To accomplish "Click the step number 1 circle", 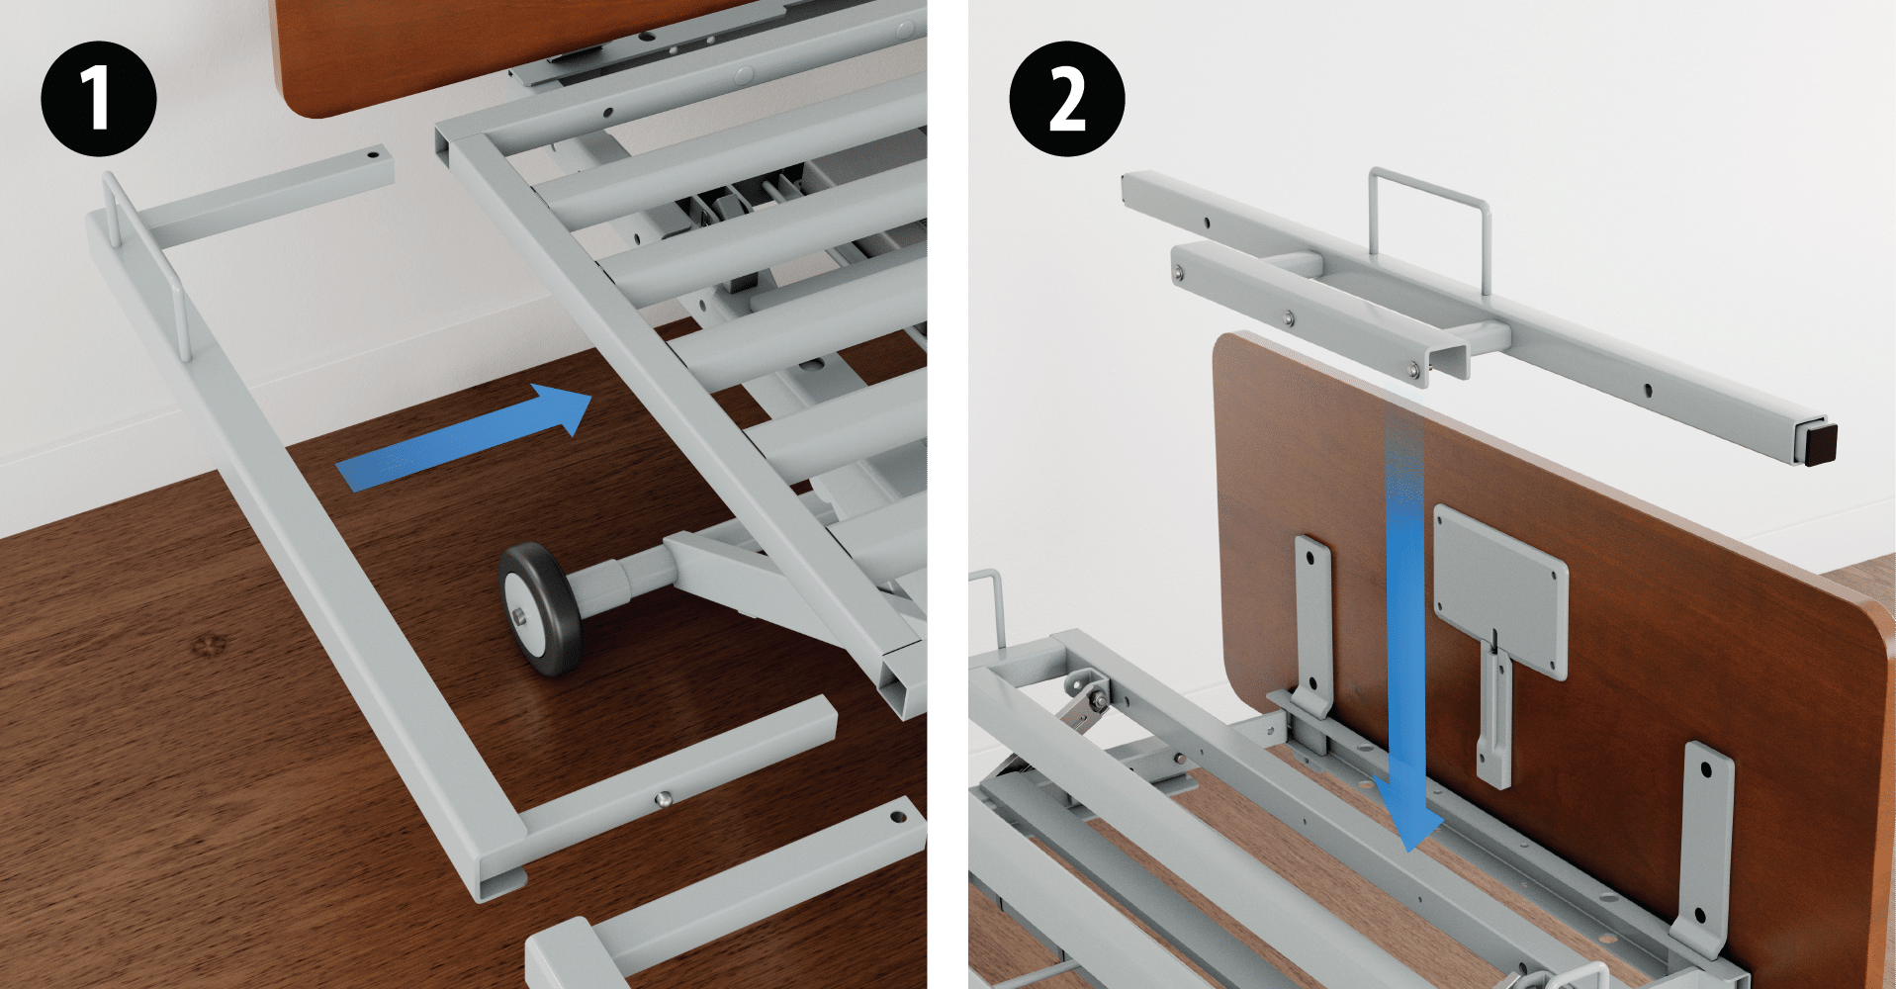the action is coord(98,98).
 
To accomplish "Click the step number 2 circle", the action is coord(1066,98).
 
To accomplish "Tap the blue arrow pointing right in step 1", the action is coord(464,438).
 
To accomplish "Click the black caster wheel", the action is coord(540,608).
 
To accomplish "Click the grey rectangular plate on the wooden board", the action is coord(1499,590).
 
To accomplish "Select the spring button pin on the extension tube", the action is coord(665,797).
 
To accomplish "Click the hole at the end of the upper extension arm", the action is coord(373,155).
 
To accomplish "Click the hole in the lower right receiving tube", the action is coord(898,818).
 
